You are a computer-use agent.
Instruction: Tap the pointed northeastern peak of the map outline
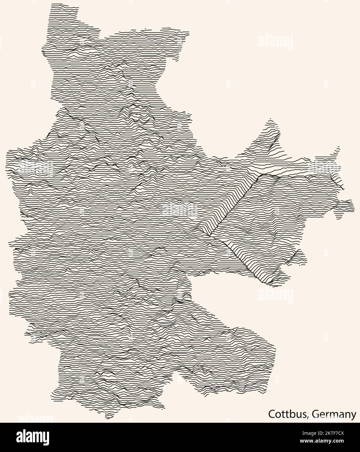270,121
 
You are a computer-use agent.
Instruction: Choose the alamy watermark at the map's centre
180,209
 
